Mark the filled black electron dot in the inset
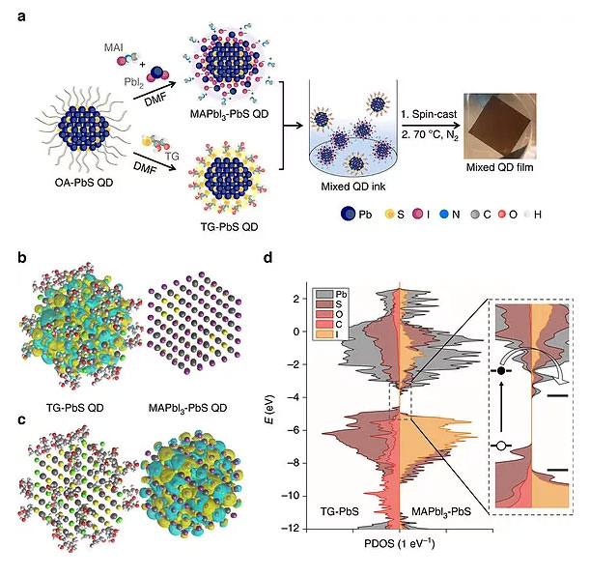pos(503,372)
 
